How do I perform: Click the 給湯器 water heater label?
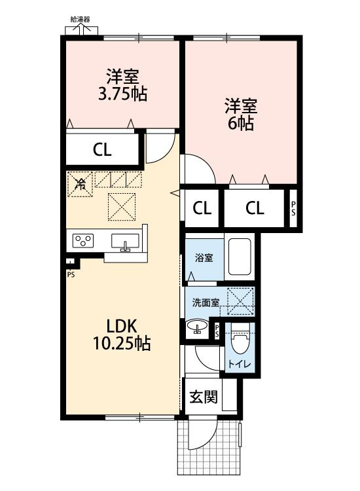pos(80,20)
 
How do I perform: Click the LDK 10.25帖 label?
pos(121,334)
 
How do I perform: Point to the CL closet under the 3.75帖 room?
pos(102,150)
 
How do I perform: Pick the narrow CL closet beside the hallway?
pos(202,208)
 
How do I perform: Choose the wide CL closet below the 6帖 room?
pos(255,208)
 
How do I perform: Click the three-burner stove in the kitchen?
pos(84,241)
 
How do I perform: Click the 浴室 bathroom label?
pos(203,257)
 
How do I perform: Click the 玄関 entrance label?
pos(203,397)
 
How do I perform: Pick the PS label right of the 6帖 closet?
pos(293,208)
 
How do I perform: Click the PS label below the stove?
pos(71,274)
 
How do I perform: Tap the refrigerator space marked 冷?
pos(80,185)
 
